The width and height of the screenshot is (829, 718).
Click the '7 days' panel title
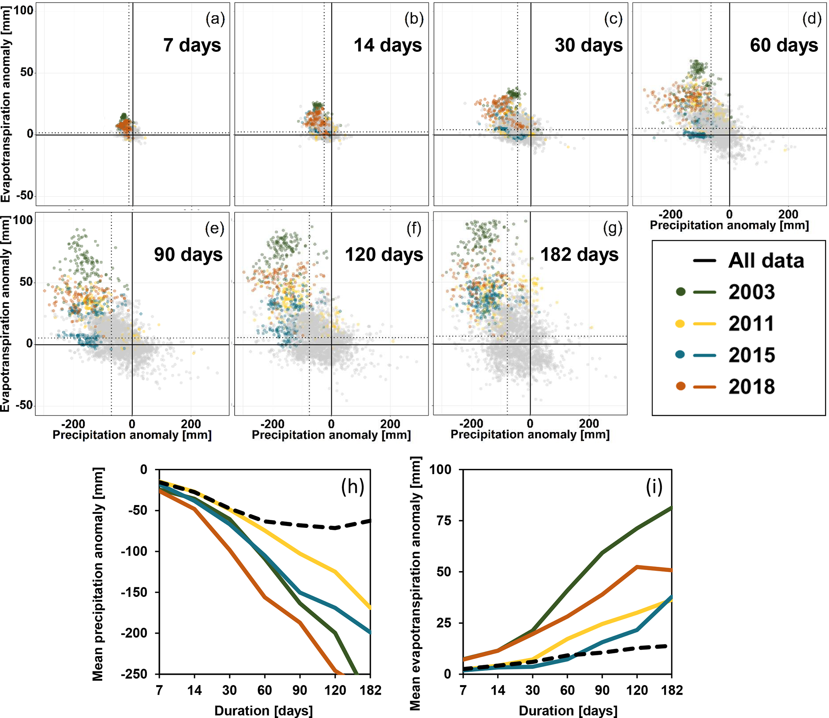[x=192, y=45]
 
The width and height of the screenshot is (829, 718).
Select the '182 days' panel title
[x=579, y=254]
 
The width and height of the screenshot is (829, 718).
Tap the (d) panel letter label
[x=811, y=18]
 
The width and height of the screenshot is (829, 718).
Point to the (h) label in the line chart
[x=353, y=487]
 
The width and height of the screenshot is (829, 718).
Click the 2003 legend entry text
[x=752, y=292]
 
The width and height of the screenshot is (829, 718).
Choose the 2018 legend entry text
[x=752, y=386]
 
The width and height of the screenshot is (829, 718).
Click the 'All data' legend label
[x=766, y=260]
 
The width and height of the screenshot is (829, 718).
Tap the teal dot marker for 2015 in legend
[x=680, y=355]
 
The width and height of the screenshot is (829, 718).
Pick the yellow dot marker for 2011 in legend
[x=680, y=323]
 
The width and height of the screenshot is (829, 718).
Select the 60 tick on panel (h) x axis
[x=265, y=690]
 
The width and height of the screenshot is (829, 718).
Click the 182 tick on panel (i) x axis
[x=672, y=690]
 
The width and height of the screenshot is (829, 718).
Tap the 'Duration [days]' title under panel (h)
[x=263, y=710]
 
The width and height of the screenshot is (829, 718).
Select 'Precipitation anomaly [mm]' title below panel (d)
[x=729, y=225]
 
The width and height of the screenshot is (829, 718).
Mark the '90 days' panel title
[x=188, y=254]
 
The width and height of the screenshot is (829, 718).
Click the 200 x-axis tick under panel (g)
[x=589, y=424]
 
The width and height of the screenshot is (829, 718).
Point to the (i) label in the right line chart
[x=654, y=487]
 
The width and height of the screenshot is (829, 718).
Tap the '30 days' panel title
[x=588, y=45]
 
